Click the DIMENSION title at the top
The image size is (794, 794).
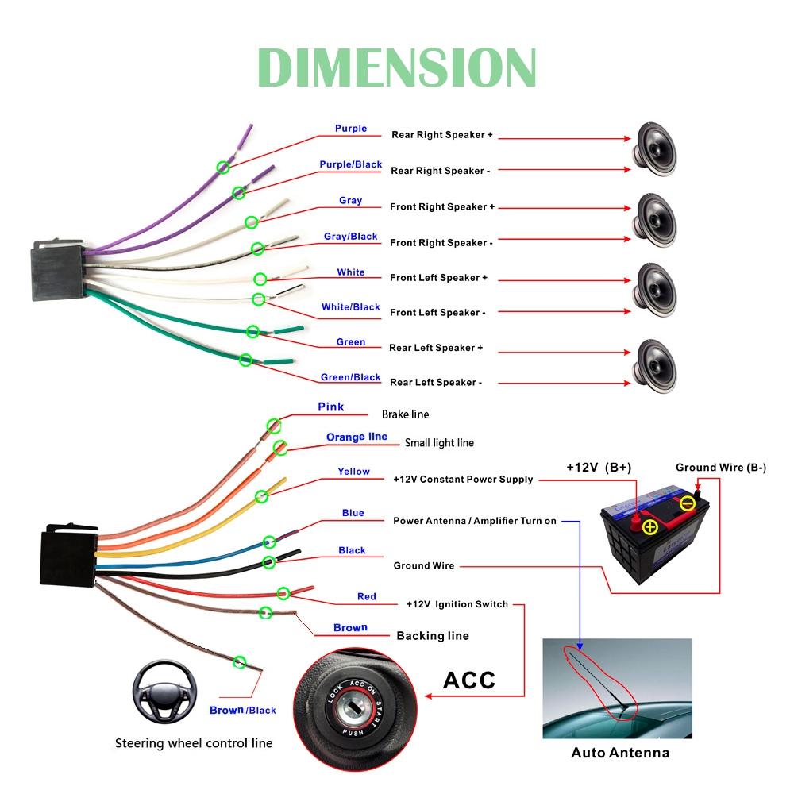pyautogui.click(x=397, y=67)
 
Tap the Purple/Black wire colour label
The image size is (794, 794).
pyautogui.click(x=350, y=164)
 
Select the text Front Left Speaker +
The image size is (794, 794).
pyautogui.click(x=438, y=278)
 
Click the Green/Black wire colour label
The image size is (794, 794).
pyautogui.click(x=350, y=377)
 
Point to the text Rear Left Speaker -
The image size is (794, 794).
pyautogui.click(x=435, y=383)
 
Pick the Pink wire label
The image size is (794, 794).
pyautogui.click(x=330, y=407)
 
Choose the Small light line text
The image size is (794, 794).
pyautogui.click(x=439, y=443)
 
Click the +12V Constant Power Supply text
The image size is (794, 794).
pyautogui.click(x=463, y=480)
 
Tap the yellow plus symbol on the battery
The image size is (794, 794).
pyautogui.click(x=650, y=527)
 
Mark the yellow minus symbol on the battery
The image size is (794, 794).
pyautogui.click(x=687, y=503)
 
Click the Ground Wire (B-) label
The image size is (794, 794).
pyautogui.click(x=720, y=468)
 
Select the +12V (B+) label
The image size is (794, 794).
pyautogui.click(x=599, y=468)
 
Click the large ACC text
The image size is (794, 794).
pyautogui.click(x=468, y=680)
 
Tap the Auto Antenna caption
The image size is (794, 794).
pyautogui.click(x=620, y=753)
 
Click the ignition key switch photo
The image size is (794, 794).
pyautogui.click(x=357, y=696)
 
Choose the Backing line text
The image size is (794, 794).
pyautogui.click(x=432, y=636)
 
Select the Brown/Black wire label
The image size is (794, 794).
pyautogui.click(x=242, y=710)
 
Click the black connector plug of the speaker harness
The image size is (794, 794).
pyautogui.click(x=57, y=271)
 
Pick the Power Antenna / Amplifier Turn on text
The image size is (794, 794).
pyautogui.click(x=475, y=521)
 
